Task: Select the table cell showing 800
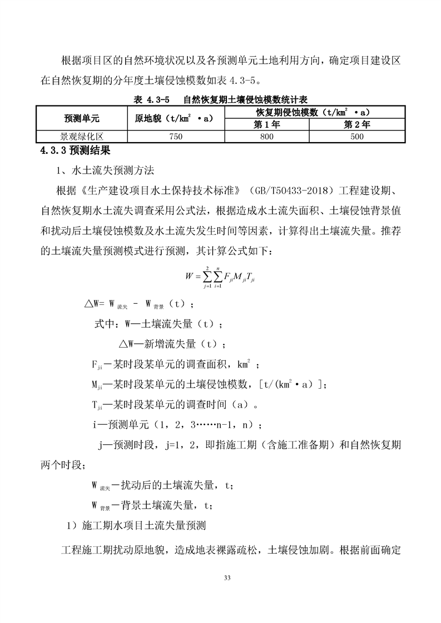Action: [x=266, y=136]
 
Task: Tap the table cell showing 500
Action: [x=356, y=136]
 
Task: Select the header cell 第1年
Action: [x=266, y=124]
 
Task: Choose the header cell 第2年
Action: [x=356, y=124]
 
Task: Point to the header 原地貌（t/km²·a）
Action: [x=175, y=119]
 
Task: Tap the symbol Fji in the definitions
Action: [x=96, y=365]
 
